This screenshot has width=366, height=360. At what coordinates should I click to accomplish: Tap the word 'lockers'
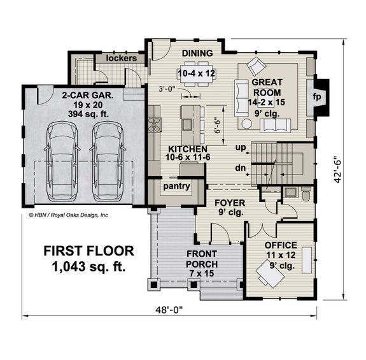(122, 58)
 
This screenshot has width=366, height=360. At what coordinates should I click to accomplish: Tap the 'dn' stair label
(241, 169)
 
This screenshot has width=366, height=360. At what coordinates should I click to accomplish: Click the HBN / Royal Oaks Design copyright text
(69, 215)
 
